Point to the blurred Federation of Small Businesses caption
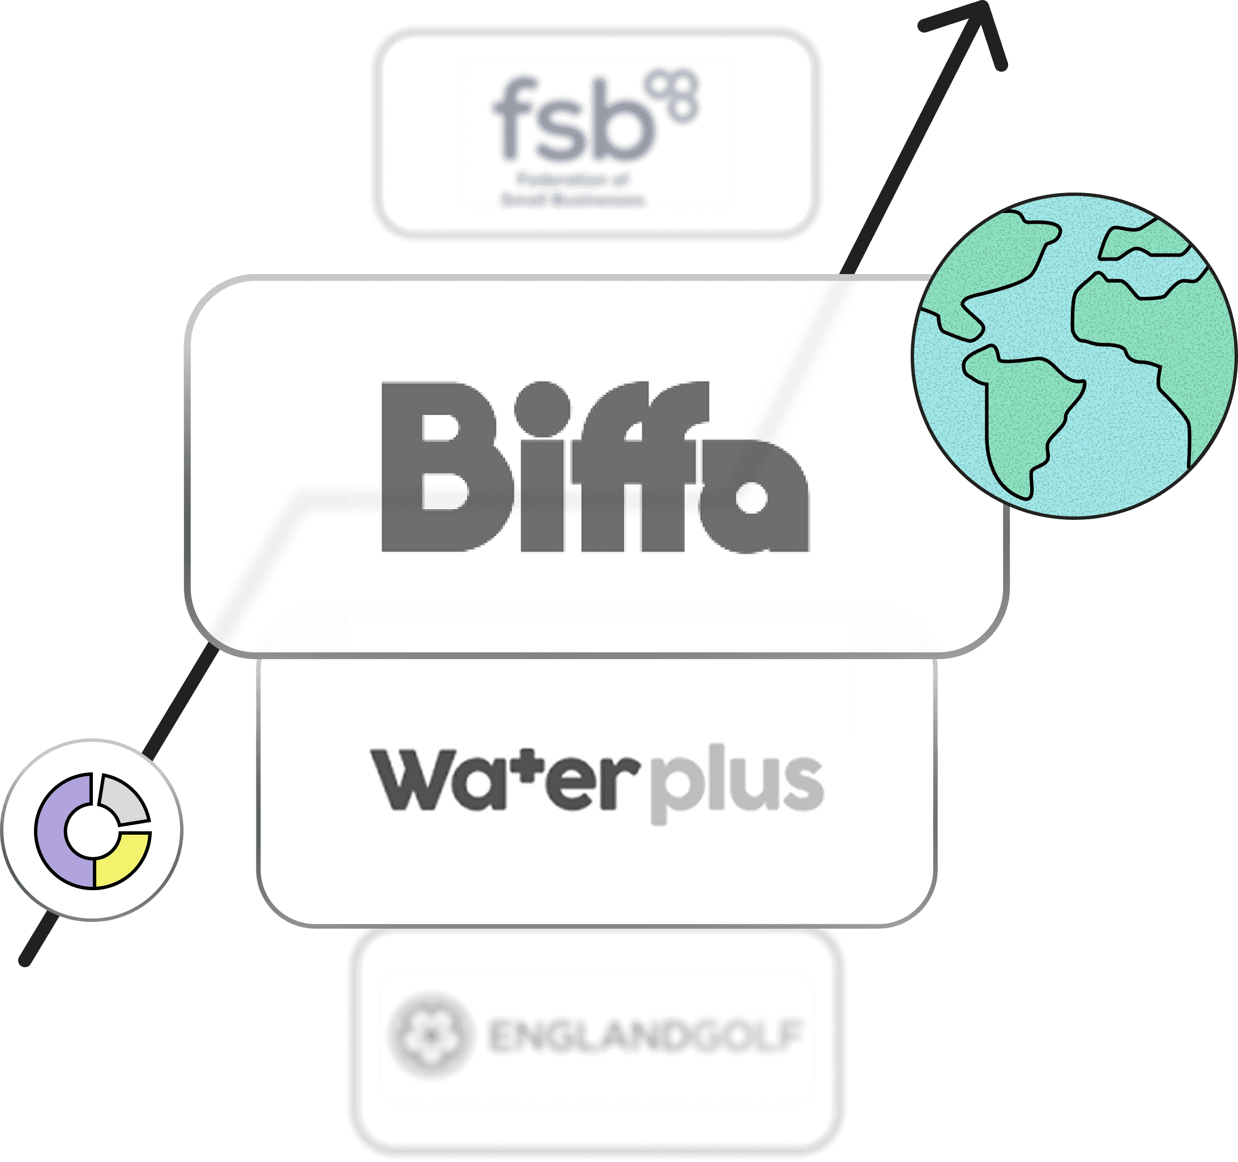pyautogui.click(x=573, y=190)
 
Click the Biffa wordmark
pyautogui.click(x=595, y=467)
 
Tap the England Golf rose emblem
pyautogui.click(x=429, y=1035)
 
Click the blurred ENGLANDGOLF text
pyautogui.click(x=644, y=1036)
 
